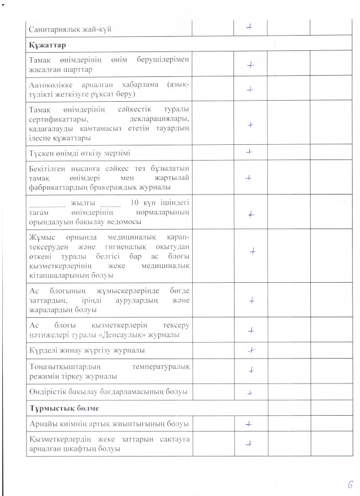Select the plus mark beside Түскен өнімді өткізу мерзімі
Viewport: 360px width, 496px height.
click(x=249, y=152)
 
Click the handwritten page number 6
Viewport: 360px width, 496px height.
click(x=350, y=485)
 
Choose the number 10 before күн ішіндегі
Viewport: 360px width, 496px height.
click(x=135, y=203)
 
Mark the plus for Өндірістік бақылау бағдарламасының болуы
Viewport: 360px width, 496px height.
click(x=249, y=391)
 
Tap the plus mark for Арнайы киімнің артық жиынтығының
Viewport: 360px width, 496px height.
click(x=249, y=423)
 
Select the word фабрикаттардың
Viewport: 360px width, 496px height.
click(x=58, y=187)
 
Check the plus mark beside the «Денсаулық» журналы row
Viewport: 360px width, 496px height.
click(x=250, y=331)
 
